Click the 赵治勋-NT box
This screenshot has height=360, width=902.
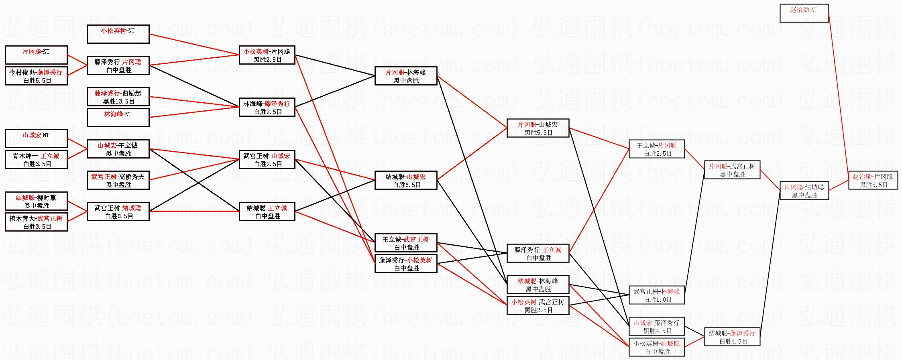pos(804,13)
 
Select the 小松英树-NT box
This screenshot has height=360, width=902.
pos(118,34)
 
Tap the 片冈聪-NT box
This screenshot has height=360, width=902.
pos(36,55)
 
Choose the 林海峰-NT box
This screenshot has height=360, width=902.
pos(118,118)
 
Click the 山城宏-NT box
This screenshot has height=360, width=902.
pos(36,138)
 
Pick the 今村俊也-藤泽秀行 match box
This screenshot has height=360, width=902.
pos(36,76)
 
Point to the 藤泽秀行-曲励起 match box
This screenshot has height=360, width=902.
pos(118,97)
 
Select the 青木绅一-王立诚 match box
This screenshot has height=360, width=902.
pos(36,159)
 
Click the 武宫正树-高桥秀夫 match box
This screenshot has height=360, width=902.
pos(118,180)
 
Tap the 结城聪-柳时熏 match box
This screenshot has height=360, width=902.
pos(36,201)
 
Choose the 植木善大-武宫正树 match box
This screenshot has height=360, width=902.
pos(36,222)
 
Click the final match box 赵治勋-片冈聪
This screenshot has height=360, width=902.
pos(873,180)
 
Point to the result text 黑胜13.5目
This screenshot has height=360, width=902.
pos(118,101)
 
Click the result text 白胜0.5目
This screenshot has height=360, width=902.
pos(118,216)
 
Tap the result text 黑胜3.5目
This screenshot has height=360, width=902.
pos(873,185)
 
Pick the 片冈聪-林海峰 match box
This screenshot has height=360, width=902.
pos(406,76)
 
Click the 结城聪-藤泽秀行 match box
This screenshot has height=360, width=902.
pos(732,337)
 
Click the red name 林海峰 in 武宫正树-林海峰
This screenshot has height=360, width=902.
pos(670,291)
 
